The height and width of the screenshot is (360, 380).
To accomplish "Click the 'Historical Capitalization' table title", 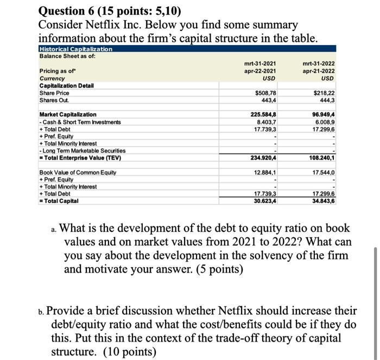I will (75, 49).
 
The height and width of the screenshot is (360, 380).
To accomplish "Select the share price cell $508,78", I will (265, 93).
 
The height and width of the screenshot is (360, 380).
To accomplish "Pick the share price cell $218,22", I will (324, 93).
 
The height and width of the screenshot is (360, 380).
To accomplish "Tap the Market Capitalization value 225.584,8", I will (263, 115).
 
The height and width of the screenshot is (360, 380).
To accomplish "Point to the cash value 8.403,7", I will (265, 122).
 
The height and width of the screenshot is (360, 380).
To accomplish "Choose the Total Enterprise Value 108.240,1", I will (321, 158).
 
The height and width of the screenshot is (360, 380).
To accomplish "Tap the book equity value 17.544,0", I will (324, 172).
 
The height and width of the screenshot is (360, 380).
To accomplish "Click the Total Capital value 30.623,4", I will (264, 200).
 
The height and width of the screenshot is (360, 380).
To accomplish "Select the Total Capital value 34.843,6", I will (323, 200).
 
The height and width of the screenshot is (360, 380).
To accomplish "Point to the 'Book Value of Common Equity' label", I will (78, 172).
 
